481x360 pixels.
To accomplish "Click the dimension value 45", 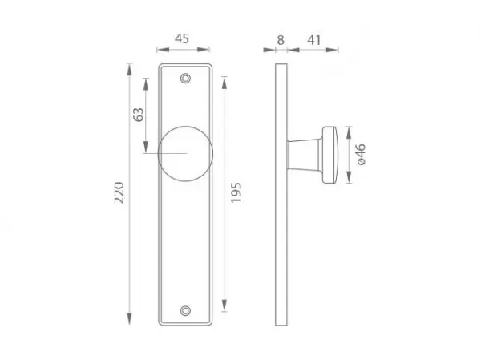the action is pos(182,39).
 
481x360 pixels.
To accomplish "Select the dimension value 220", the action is pos(119,192).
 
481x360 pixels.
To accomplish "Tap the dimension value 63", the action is pos(139,115).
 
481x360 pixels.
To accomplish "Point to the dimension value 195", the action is pos(236,192).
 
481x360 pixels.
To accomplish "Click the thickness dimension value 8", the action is pos(281,40).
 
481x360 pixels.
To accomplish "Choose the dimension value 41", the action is pos(313,40).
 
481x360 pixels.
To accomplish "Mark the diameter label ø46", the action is pos(362,155).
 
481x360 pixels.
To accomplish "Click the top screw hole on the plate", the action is pos(185,79).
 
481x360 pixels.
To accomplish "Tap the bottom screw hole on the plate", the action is pos(185,310).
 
